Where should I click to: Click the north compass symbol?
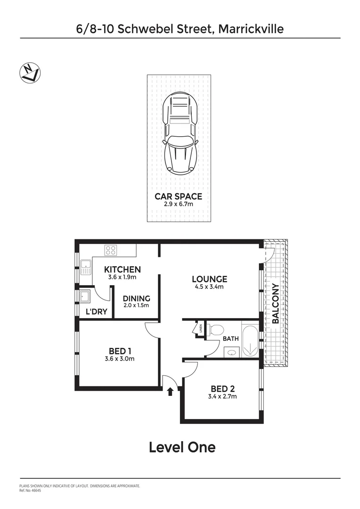point(30,73)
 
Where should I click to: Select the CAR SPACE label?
point(178,196)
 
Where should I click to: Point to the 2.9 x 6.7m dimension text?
point(178,204)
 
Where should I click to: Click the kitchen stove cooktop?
point(111,250)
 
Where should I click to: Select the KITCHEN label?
point(122,270)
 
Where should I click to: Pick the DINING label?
point(136,298)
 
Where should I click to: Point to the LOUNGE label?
point(210,279)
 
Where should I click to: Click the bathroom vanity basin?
point(230,352)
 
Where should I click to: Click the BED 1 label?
point(120,351)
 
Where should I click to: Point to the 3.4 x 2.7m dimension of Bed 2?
point(223,396)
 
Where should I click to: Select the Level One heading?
point(182,447)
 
